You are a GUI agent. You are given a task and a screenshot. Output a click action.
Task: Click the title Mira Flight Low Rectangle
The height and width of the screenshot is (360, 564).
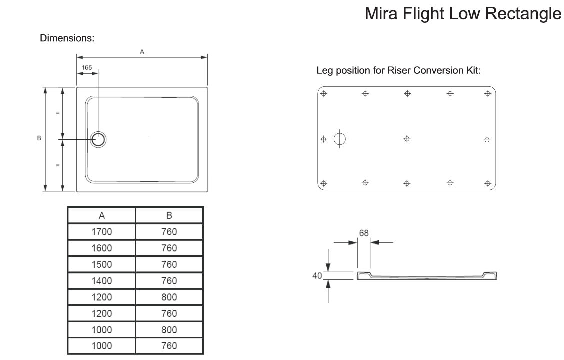point(463,13)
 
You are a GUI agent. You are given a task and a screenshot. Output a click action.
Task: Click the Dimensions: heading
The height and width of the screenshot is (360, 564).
point(67,38)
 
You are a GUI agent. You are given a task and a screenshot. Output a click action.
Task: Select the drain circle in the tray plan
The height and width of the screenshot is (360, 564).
point(98,139)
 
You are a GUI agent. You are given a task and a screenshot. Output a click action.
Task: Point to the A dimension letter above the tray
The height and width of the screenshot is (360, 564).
point(142,51)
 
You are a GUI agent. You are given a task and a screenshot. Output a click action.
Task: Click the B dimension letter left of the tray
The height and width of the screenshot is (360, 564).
point(39,138)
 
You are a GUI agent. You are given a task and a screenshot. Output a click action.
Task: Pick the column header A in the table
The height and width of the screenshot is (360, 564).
point(102,216)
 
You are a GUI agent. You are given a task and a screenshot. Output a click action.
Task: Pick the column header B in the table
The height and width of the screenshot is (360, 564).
point(169,216)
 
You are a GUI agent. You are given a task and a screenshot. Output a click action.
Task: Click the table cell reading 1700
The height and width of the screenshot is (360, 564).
point(102,232)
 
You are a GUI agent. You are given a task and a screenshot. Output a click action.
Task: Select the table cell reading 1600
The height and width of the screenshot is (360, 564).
point(102,248)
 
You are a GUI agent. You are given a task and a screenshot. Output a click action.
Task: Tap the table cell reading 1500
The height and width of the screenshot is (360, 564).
point(102,264)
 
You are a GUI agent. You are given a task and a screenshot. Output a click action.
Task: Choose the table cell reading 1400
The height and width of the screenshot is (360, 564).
point(102,281)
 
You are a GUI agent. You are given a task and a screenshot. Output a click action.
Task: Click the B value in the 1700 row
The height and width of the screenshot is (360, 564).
point(169,232)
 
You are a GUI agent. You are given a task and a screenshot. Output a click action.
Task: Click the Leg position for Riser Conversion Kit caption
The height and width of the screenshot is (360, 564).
point(398,70)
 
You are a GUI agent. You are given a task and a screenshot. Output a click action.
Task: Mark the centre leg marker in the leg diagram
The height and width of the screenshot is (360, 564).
point(407,139)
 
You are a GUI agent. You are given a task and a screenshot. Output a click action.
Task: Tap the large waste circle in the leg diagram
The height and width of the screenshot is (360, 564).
point(340,139)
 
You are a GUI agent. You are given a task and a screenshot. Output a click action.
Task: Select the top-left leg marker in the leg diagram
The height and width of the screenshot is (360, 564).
point(323,94)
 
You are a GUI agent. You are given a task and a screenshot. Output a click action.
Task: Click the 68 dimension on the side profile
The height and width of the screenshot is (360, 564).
point(364,233)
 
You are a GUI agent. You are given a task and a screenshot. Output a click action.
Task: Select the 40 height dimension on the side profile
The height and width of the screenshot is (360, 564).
point(316,275)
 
